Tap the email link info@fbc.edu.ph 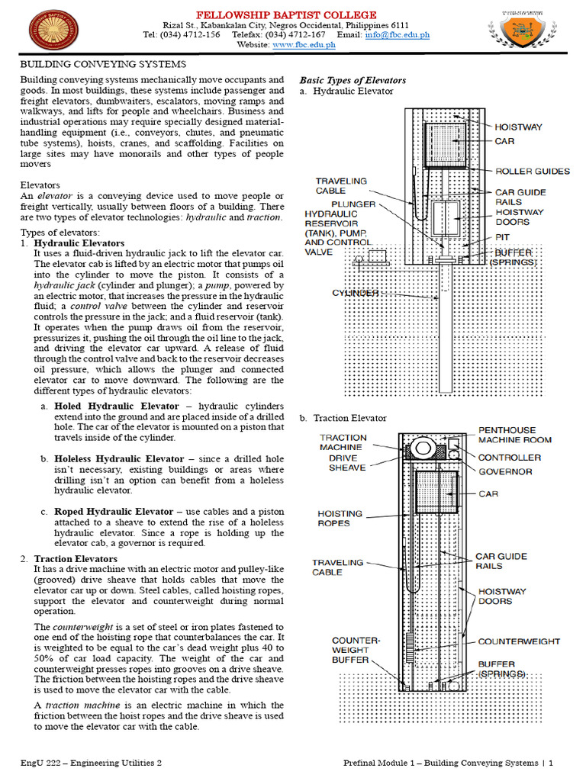(x=397, y=34)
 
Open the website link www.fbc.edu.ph (x=304, y=45)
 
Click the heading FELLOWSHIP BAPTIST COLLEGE (x=286, y=15)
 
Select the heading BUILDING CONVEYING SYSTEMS (x=102, y=64)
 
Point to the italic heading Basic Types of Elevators (x=353, y=80)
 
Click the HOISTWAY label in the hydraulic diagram (x=519, y=127)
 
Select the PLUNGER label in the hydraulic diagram (x=353, y=204)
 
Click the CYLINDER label (x=356, y=293)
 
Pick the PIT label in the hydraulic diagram (x=503, y=237)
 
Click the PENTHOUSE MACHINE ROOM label (x=525, y=435)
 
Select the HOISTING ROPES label (x=340, y=519)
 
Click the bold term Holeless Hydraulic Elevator (x=119, y=458)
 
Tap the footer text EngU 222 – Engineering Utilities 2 (x=91, y=762)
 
